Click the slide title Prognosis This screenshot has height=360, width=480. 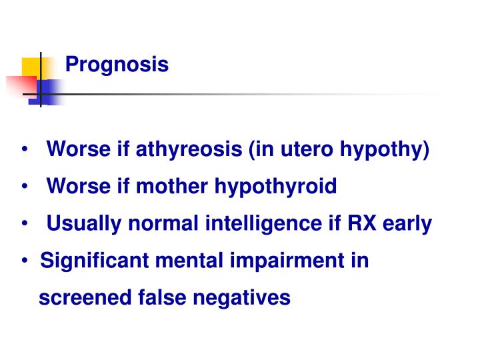coord(117,65)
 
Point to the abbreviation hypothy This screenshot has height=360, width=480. coord(384,150)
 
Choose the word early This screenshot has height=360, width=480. coord(409,224)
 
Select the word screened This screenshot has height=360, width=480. coord(79,298)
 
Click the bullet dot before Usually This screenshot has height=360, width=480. coord(25,224)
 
